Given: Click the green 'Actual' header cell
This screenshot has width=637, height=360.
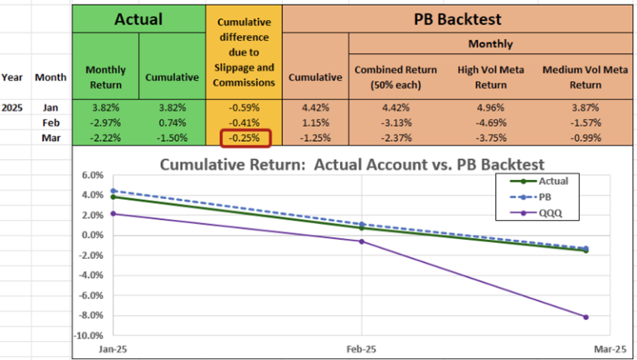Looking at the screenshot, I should pyautogui.click(x=137, y=18).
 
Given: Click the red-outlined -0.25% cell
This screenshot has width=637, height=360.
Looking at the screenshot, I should pyautogui.click(x=245, y=139).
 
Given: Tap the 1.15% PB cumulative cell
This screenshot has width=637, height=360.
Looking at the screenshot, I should pyautogui.click(x=315, y=123).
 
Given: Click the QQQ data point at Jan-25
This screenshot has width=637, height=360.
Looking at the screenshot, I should pyautogui.click(x=114, y=213).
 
